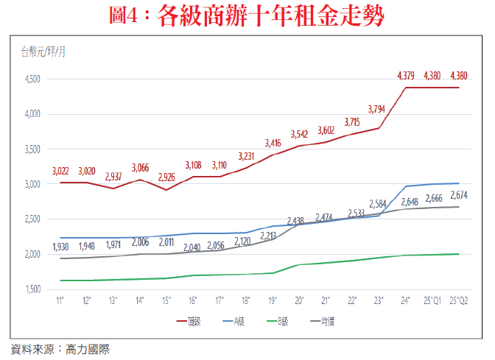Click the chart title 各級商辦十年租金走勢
point(248,16)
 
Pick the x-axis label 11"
point(60,301)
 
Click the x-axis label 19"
point(273,301)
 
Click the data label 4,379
point(406,76)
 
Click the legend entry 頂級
point(209,321)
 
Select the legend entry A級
point(246,321)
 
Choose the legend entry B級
point(281,321)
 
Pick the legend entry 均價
point(319,321)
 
